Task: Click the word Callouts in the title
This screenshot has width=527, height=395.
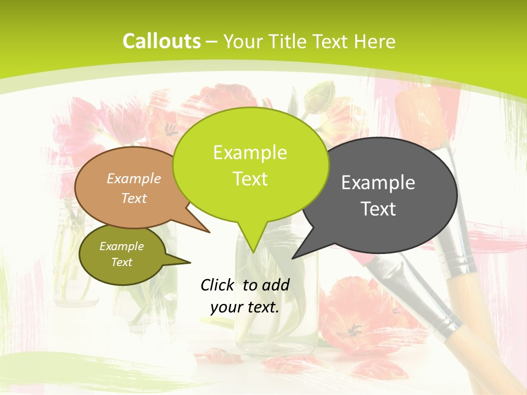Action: pyautogui.click(x=161, y=41)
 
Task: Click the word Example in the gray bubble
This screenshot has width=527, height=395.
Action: pyautogui.click(x=378, y=183)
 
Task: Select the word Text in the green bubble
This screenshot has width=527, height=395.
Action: pyautogui.click(x=250, y=179)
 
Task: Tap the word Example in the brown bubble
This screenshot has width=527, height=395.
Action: pyautogui.click(x=134, y=178)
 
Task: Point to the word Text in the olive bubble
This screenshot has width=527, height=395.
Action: pyautogui.click(x=122, y=262)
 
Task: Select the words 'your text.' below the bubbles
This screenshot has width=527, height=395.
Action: pyautogui.click(x=245, y=307)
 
